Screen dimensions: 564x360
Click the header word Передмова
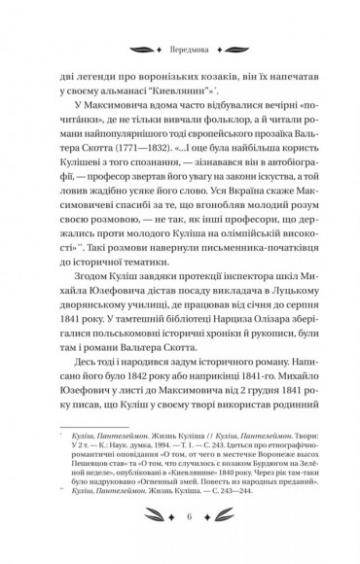[179, 42]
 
